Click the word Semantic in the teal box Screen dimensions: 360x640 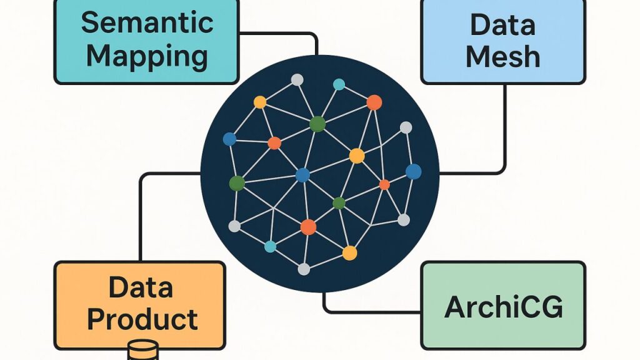click(x=147, y=23)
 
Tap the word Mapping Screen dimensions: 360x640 click(x=147, y=56)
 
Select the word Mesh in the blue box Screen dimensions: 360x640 click(x=502, y=57)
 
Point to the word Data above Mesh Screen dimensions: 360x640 click(x=502, y=25)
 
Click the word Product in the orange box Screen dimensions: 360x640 click(x=142, y=319)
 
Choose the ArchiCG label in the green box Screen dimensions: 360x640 click(x=503, y=307)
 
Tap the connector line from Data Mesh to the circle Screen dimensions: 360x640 click(x=504, y=137)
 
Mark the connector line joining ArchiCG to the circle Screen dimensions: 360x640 click(x=369, y=311)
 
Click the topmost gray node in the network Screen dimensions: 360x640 click(x=297, y=80)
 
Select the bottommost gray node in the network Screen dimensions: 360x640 click(x=304, y=269)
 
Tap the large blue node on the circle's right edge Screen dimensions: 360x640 click(x=413, y=171)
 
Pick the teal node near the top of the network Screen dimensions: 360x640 click(x=339, y=84)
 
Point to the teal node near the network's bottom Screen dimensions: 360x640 click(x=270, y=246)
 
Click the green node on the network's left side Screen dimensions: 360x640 click(x=237, y=183)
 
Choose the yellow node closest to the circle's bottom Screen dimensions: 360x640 click(x=349, y=252)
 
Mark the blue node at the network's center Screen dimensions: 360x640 click(x=302, y=175)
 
